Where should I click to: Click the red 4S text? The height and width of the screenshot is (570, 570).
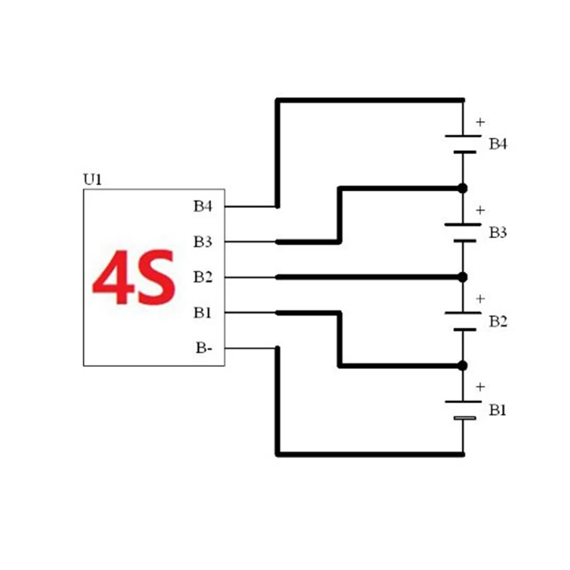click(x=134, y=277)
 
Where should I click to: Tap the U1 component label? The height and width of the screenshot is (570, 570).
click(x=93, y=180)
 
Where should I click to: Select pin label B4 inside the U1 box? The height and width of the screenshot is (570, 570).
click(x=203, y=207)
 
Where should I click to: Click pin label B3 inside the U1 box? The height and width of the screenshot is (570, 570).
click(x=203, y=242)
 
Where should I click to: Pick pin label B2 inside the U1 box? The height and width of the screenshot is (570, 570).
click(x=203, y=276)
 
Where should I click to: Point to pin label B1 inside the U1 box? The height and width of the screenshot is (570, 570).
click(x=203, y=312)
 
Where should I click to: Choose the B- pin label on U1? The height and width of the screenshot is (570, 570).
click(x=204, y=348)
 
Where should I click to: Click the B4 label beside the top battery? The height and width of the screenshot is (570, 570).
click(x=498, y=145)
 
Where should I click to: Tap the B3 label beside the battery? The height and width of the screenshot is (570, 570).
click(x=498, y=233)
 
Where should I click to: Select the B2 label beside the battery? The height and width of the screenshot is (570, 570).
click(x=498, y=322)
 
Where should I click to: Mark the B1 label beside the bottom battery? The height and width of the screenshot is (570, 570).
click(x=498, y=410)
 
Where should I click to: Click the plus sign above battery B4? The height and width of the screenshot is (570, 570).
click(x=480, y=122)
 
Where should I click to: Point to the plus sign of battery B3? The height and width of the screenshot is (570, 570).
click(x=480, y=210)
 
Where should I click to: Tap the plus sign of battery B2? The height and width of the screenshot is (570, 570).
click(x=480, y=299)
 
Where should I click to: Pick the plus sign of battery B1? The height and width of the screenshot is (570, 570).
click(x=480, y=387)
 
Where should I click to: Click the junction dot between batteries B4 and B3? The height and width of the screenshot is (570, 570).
click(x=462, y=188)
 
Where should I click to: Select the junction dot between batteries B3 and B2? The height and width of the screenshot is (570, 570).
click(x=462, y=276)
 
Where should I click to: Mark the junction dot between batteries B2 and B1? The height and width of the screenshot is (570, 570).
click(x=462, y=366)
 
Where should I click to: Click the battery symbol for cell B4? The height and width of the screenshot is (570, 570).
click(x=463, y=143)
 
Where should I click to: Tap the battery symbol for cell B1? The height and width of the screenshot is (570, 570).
click(x=463, y=410)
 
